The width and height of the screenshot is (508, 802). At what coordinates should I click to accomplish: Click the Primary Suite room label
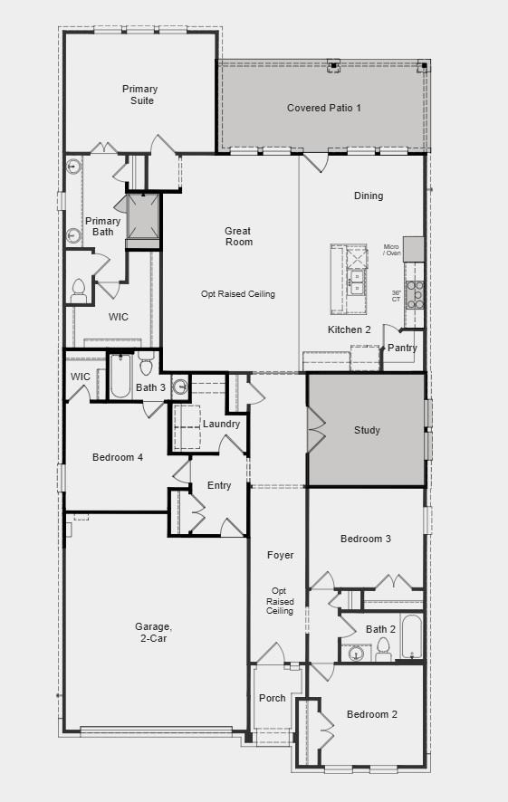pyautogui.click(x=139, y=95)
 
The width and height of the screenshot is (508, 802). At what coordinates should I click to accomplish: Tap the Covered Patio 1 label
pyautogui.click(x=323, y=108)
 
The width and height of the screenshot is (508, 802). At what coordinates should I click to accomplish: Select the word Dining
pyautogui.click(x=368, y=196)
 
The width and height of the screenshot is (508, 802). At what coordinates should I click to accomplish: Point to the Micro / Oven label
pyautogui.click(x=391, y=250)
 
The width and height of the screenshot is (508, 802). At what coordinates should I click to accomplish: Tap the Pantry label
pyautogui.click(x=403, y=348)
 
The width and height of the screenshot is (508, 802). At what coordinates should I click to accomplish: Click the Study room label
pyautogui.click(x=367, y=430)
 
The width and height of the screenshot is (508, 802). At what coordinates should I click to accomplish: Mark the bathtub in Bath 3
pyautogui.click(x=120, y=376)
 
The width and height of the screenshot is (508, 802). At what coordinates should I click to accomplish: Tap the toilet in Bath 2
pyautogui.click(x=383, y=648)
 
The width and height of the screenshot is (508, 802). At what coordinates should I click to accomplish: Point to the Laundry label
pyautogui.click(x=221, y=424)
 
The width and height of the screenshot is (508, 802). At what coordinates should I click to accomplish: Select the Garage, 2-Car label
pyautogui.click(x=152, y=632)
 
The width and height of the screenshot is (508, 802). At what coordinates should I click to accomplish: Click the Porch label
pyautogui.click(x=272, y=698)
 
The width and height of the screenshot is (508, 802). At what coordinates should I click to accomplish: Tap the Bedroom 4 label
pyautogui.click(x=118, y=457)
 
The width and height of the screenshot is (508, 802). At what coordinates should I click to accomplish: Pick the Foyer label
pyautogui.click(x=280, y=555)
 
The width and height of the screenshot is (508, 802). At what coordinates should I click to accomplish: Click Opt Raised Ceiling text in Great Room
pyautogui.click(x=238, y=294)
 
